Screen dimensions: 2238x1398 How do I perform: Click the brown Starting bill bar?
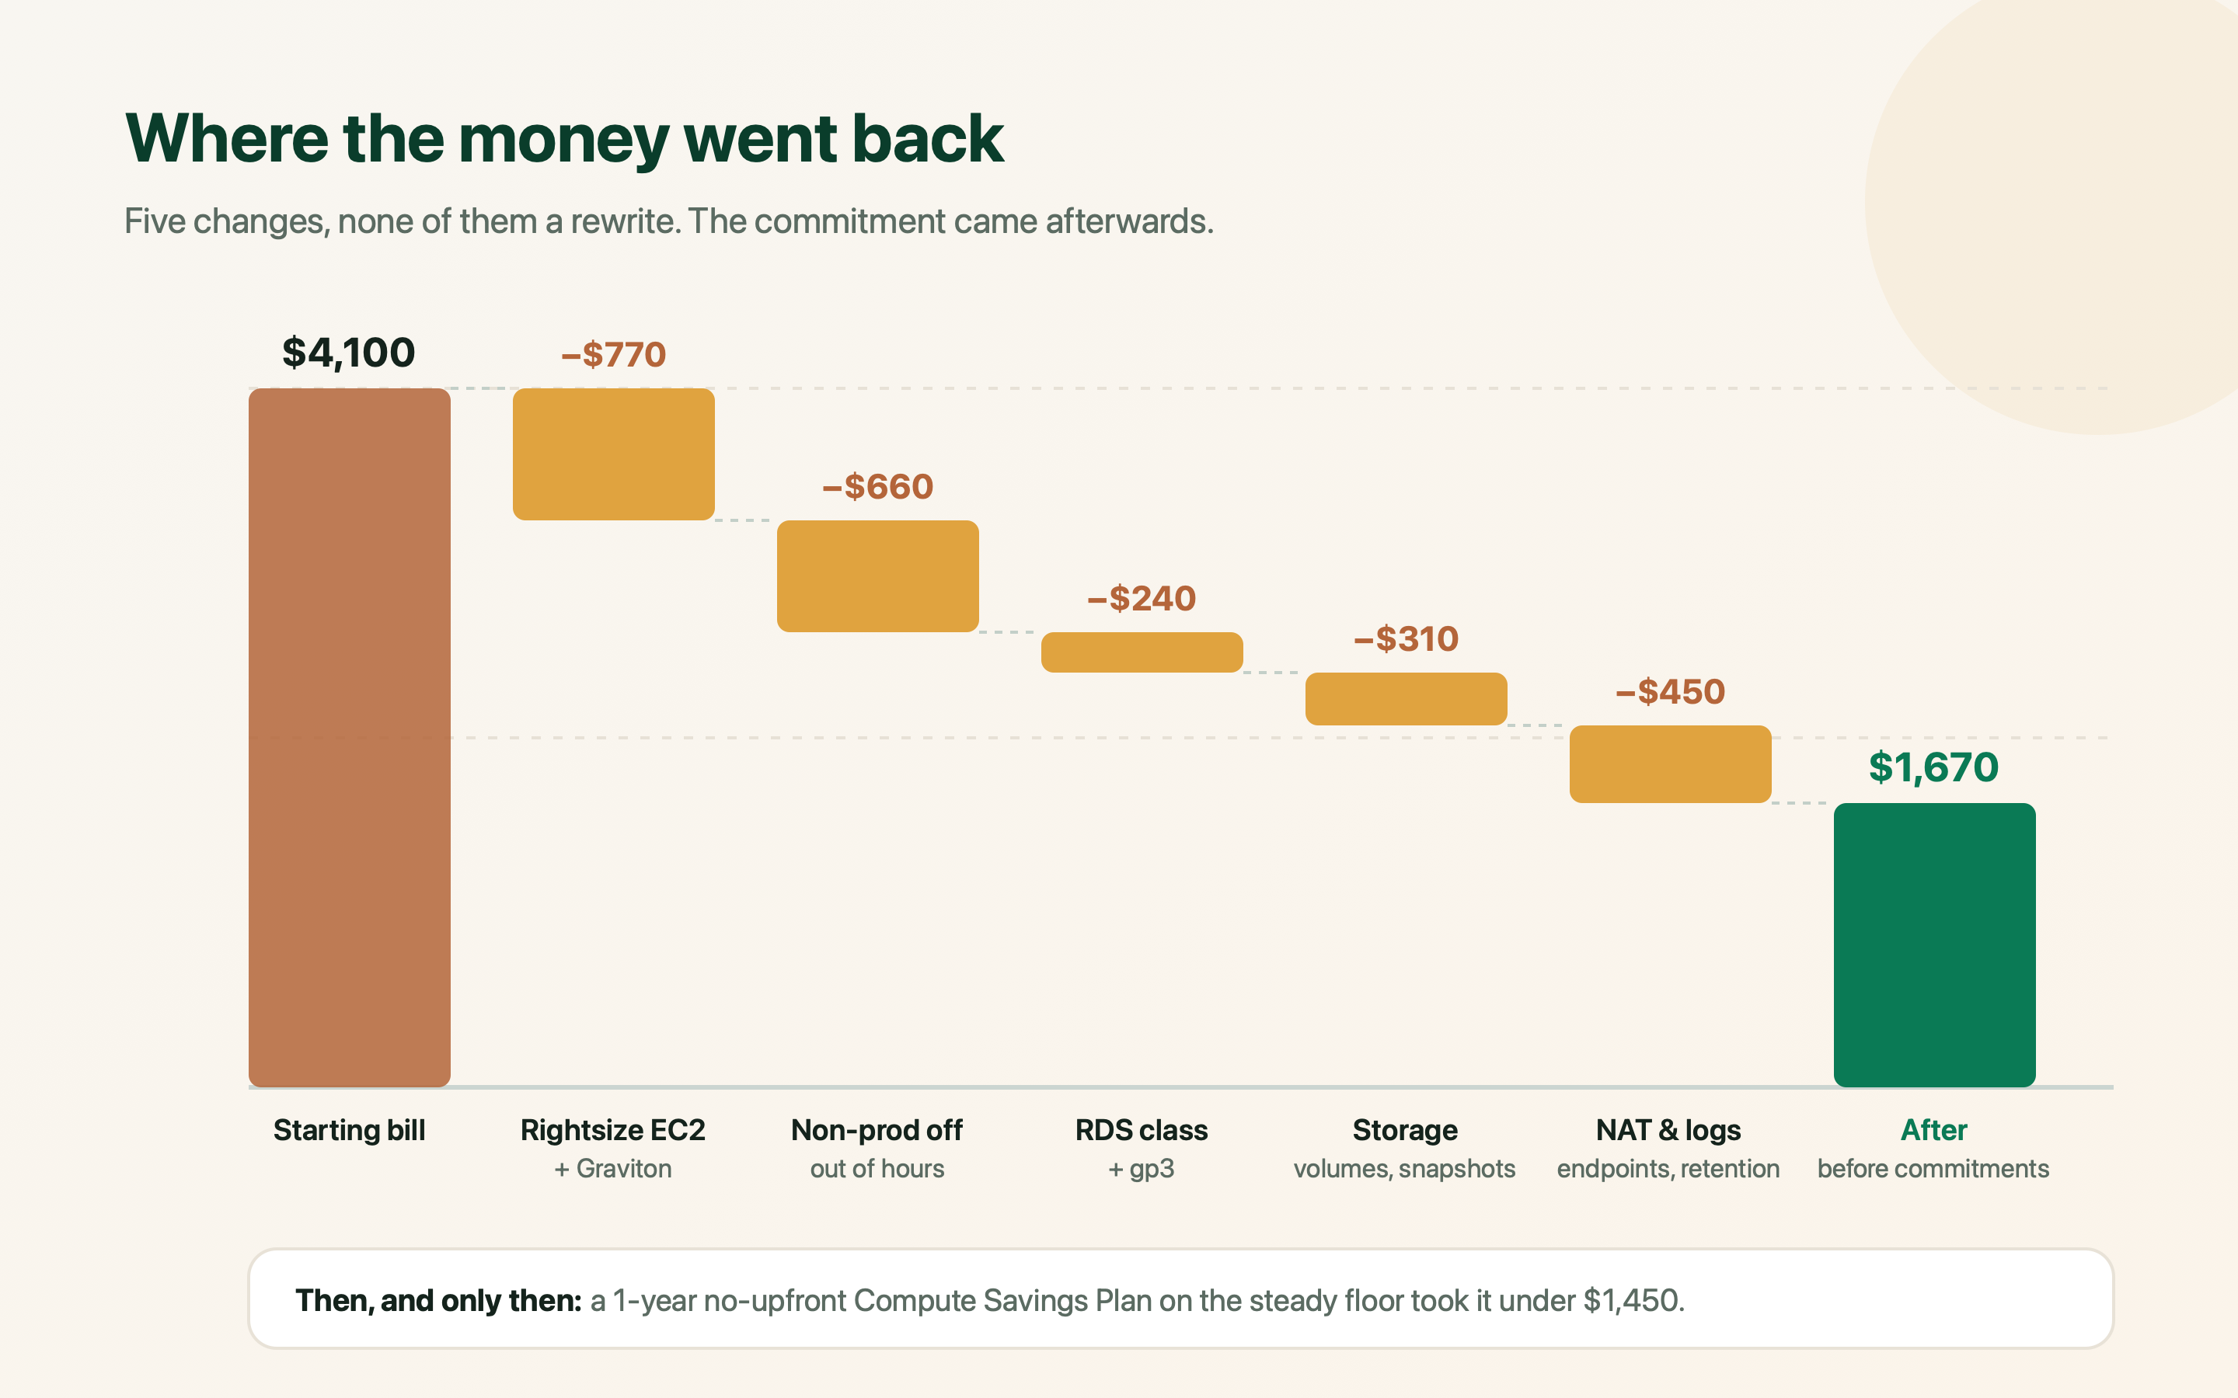tap(350, 737)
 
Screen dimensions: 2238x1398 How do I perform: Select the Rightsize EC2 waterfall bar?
tap(614, 454)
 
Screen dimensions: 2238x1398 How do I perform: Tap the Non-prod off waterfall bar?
tap(877, 576)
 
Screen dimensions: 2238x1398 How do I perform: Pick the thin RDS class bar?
tap(1142, 652)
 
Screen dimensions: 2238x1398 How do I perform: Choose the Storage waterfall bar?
tap(1407, 699)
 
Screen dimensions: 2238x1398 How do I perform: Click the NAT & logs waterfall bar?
tap(1670, 763)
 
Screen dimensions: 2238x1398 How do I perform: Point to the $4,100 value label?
tap(349, 353)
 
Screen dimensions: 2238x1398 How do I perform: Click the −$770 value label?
tap(613, 355)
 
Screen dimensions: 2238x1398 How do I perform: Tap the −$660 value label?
tap(877, 487)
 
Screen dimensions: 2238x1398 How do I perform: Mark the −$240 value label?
tap(1142, 599)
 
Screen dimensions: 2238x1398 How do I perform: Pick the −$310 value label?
tap(1406, 639)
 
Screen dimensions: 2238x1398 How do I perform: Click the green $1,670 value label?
tap(1933, 767)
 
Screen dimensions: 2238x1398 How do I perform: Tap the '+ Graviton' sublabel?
tap(613, 1169)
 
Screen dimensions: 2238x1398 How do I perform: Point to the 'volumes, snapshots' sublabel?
tap(1405, 1169)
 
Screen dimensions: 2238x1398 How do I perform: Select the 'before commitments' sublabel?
tap(1933, 1169)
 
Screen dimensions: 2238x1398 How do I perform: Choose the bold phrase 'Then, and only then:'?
tap(438, 1301)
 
